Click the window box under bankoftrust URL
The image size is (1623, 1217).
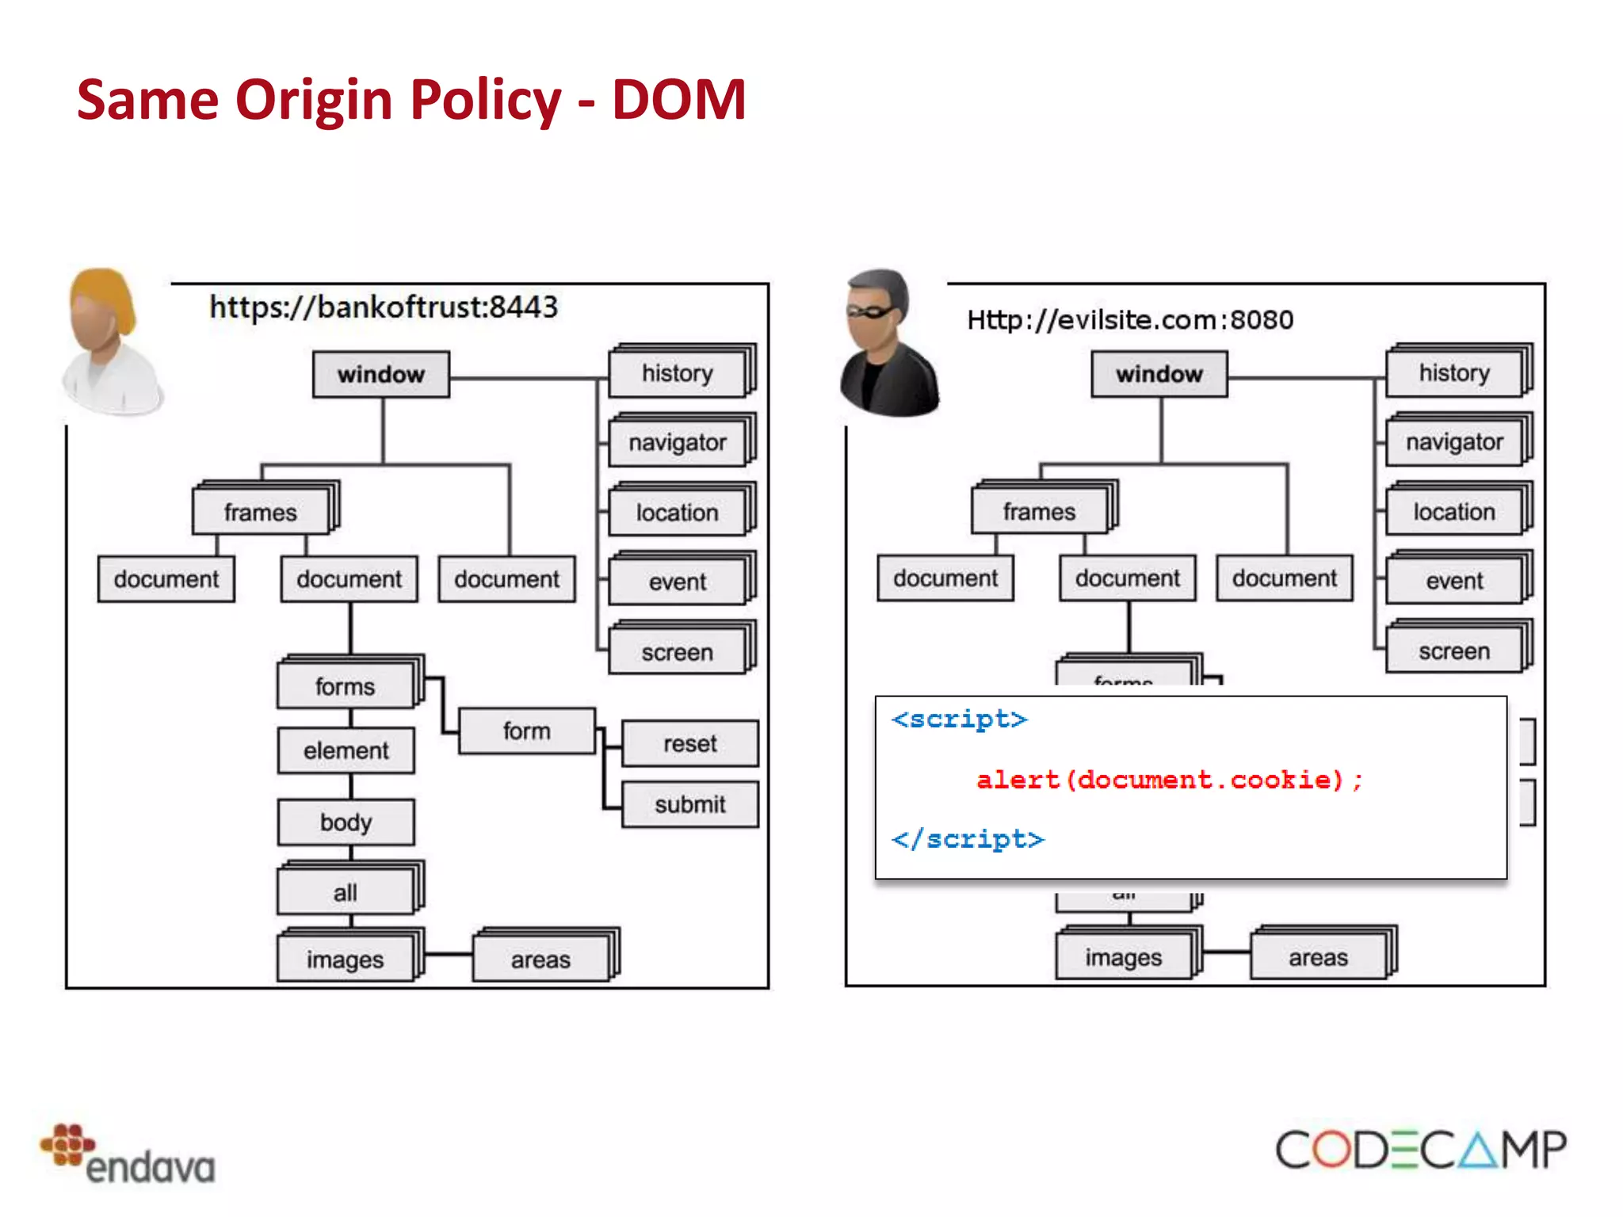(x=381, y=374)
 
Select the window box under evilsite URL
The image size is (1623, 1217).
(x=1159, y=374)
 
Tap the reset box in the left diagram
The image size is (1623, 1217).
(x=689, y=743)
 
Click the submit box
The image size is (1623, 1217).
(x=689, y=804)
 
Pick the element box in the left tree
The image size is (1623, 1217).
(x=346, y=750)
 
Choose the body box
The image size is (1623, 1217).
(x=346, y=822)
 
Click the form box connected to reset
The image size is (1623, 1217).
(x=526, y=731)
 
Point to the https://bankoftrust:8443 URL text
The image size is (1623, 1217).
(x=384, y=307)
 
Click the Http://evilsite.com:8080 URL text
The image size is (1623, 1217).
(x=1130, y=320)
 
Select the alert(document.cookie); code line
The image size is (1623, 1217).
(x=1169, y=780)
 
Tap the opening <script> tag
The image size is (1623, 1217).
(x=959, y=719)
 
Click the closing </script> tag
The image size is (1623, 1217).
(x=968, y=839)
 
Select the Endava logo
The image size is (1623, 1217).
(x=128, y=1154)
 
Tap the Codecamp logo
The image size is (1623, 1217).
(x=1420, y=1150)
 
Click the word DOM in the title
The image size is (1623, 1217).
(x=678, y=100)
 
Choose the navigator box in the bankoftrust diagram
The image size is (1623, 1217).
(x=678, y=443)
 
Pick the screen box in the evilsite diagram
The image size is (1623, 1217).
(x=1454, y=651)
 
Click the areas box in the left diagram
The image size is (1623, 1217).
(x=540, y=959)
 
